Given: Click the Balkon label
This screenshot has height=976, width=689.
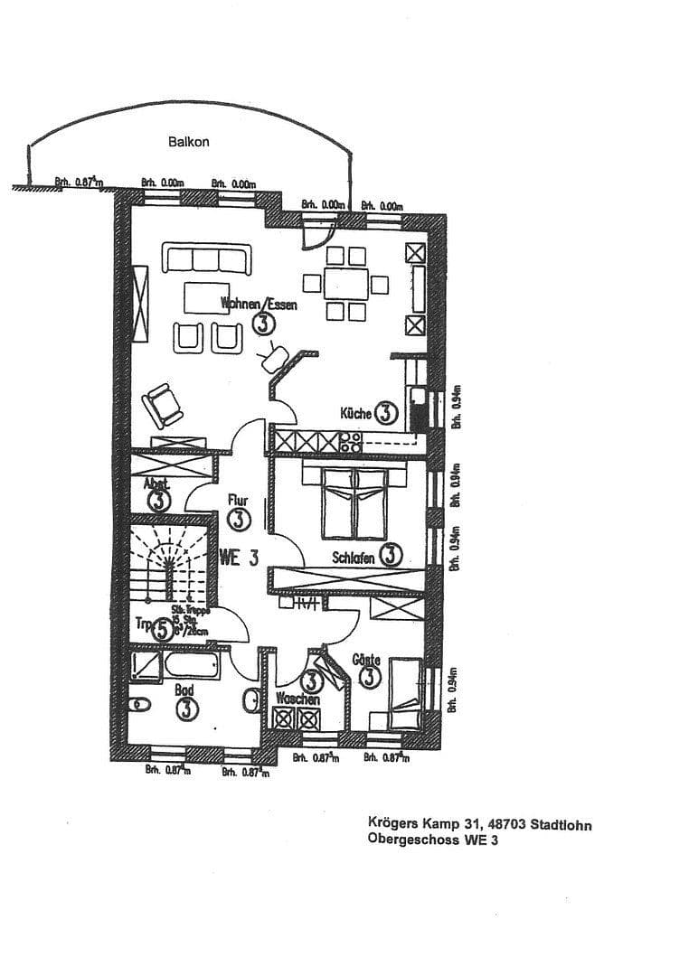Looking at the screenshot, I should [x=189, y=142].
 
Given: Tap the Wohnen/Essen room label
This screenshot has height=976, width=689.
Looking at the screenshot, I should [x=259, y=305].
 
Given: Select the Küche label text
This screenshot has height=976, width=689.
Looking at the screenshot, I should [x=356, y=414].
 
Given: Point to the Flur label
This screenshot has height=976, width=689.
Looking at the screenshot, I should [x=238, y=500].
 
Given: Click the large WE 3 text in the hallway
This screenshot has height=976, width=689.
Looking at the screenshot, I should [x=239, y=558].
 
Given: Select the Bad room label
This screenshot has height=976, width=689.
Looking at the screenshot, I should [x=184, y=690].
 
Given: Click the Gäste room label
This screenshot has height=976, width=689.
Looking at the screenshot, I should [x=366, y=661].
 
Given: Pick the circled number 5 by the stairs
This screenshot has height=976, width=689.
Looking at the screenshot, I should [x=161, y=628].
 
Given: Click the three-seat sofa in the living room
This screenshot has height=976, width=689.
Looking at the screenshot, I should [x=207, y=258].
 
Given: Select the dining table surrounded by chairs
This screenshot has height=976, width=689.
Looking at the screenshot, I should [x=347, y=283].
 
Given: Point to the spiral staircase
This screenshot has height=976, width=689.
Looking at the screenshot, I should [x=167, y=560].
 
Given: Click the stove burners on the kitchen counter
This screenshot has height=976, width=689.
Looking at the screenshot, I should [x=350, y=442].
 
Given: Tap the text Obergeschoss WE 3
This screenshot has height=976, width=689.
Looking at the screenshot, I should [x=432, y=840].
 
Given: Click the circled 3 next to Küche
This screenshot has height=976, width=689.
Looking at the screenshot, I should [x=385, y=414].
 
